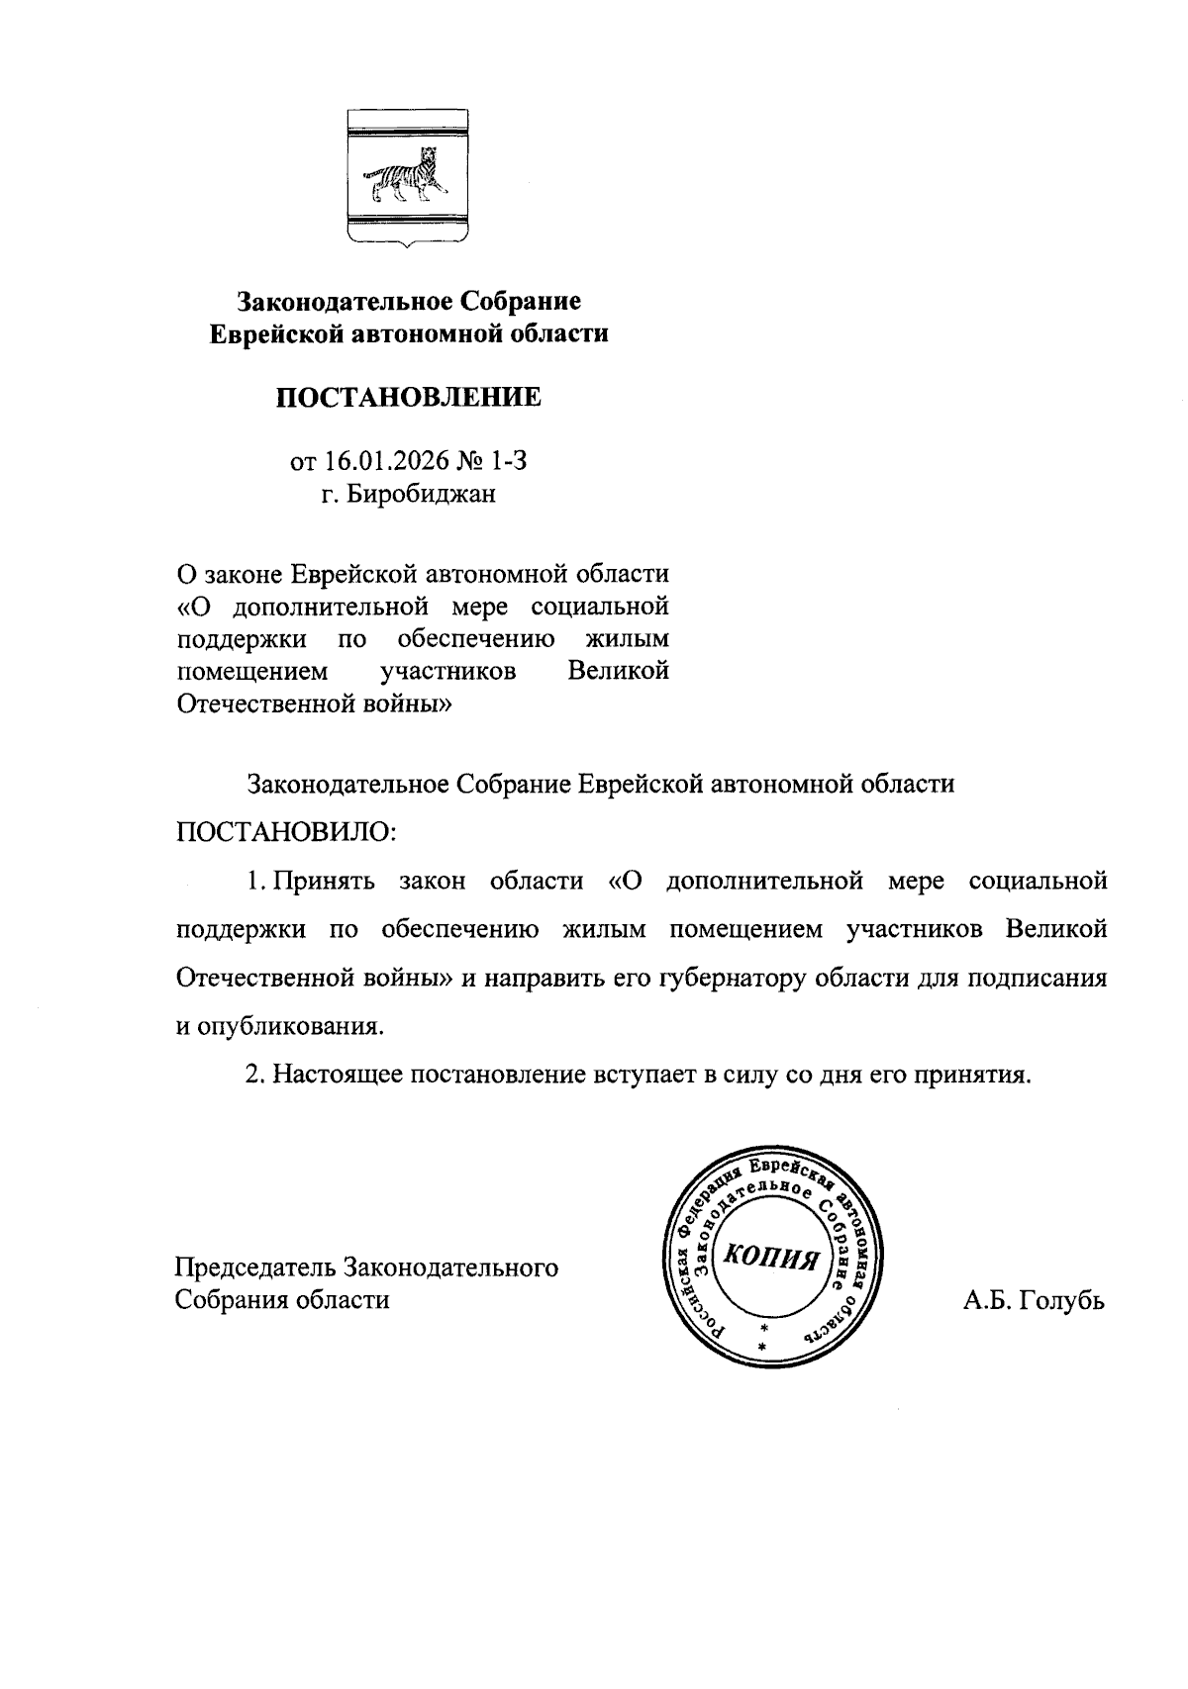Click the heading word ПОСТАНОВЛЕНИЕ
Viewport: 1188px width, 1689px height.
click(408, 398)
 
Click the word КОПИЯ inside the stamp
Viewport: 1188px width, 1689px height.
click(771, 1258)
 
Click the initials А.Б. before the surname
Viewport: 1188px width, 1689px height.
click(987, 1300)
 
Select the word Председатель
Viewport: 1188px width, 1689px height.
click(254, 1267)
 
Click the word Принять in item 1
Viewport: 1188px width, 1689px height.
click(324, 881)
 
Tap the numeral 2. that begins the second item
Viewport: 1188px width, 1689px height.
click(255, 1075)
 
